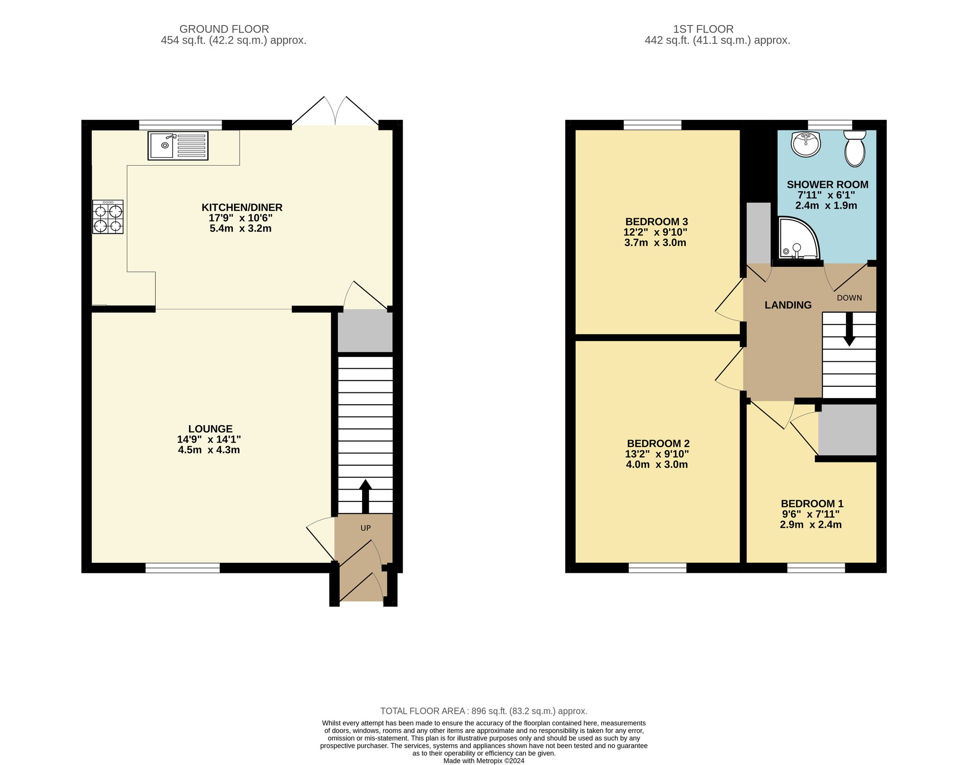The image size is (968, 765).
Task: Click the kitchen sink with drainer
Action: pyautogui.click(x=178, y=145)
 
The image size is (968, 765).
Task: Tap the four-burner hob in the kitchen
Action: pyautogui.click(x=108, y=217)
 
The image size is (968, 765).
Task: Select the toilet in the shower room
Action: pyautogui.click(x=855, y=148)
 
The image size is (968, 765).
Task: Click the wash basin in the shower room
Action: pyautogui.click(x=806, y=144)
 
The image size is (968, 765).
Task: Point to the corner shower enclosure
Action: pyautogui.click(x=798, y=238)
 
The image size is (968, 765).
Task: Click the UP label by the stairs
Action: pyautogui.click(x=366, y=528)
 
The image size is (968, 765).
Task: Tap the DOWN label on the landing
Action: pyautogui.click(x=849, y=298)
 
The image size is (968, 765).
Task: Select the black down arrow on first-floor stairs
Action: pyautogui.click(x=849, y=329)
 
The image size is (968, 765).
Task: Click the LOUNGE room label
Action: pyautogui.click(x=210, y=429)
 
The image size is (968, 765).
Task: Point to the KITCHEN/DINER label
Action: pyautogui.click(x=242, y=207)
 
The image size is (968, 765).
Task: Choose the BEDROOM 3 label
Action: pyautogui.click(x=657, y=221)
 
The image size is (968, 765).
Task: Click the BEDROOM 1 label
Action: pyautogui.click(x=812, y=504)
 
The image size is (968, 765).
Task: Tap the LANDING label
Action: pyautogui.click(x=788, y=305)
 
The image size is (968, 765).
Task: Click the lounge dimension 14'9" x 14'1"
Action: pyautogui.click(x=209, y=440)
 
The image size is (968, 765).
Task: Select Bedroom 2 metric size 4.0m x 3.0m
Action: pyautogui.click(x=657, y=465)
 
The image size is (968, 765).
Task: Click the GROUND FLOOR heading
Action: pyautogui.click(x=224, y=29)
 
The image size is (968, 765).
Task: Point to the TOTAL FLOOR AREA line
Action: pyautogui.click(x=484, y=711)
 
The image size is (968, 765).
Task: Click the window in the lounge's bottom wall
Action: pyautogui.click(x=182, y=568)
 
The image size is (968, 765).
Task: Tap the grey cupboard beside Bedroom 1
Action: pyautogui.click(x=847, y=430)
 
